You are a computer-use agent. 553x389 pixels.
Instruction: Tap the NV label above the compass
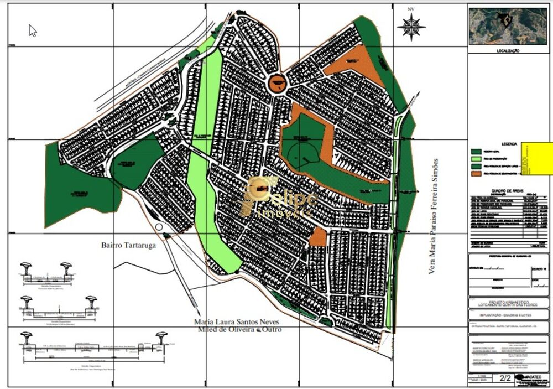click(x=411, y=9)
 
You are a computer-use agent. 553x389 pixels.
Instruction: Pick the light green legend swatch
click(x=475, y=158)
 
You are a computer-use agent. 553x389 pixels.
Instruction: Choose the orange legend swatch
click(x=475, y=173)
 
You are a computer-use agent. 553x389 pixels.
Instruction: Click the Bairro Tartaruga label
click(x=126, y=244)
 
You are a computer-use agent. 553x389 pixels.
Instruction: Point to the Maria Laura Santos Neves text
click(x=237, y=321)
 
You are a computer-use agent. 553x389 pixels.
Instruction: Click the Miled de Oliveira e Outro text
click(x=239, y=330)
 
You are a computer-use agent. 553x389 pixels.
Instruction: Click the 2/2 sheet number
click(x=505, y=379)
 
